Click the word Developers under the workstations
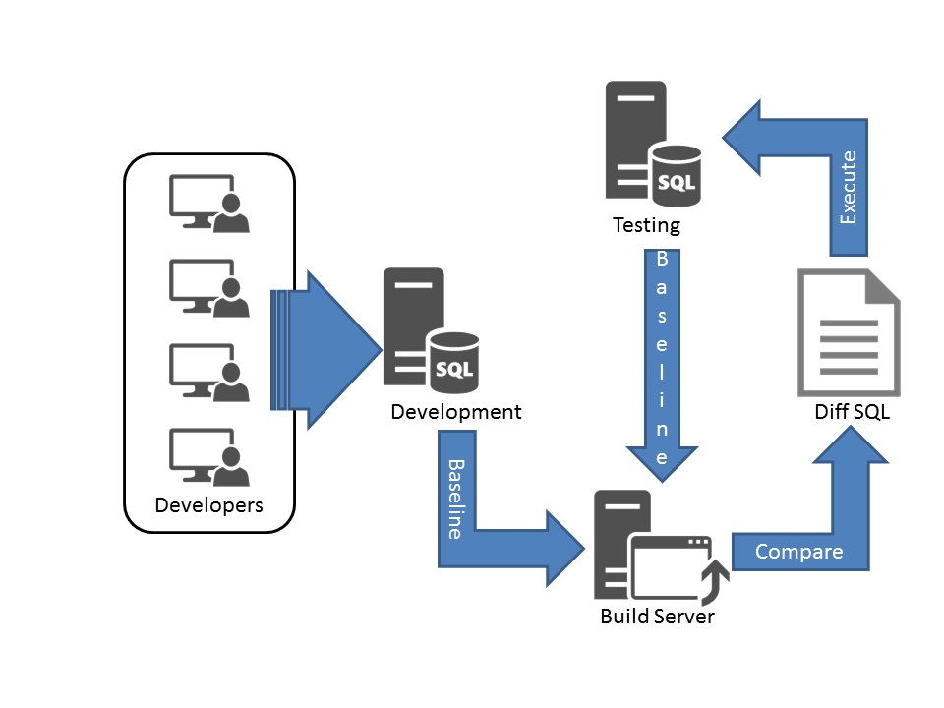(209, 506)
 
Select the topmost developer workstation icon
(208, 203)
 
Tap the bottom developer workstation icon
(208, 456)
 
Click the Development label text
(456, 411)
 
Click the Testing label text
(646, 225)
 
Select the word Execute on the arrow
(849, 187)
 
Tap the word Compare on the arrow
(798, 552)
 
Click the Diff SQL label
(852, 412)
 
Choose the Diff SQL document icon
(848, 332)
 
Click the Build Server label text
(657, 617)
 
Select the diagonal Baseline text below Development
(455, 498)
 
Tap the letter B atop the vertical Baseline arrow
(662, 259)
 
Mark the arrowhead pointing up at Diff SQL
(851, 453)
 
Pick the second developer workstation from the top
(208, 287)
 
